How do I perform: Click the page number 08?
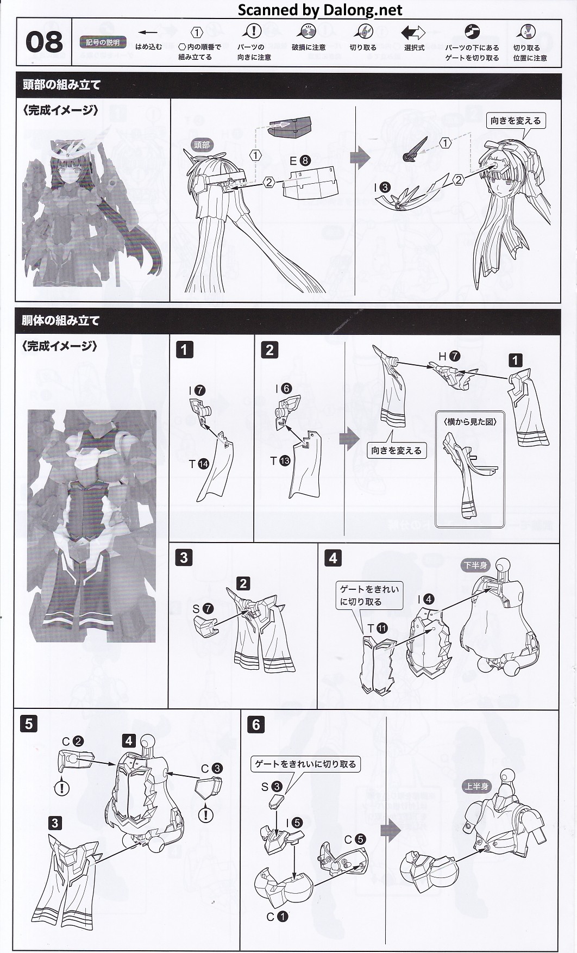(x=44, y=42)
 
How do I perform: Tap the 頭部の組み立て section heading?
(x=61, y=85)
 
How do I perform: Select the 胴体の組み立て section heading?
(x=61, y=320)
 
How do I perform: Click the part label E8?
(x=299, y=160)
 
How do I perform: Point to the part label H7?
(x=449, y=357)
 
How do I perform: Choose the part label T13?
(x=280, y=461)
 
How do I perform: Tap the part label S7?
(x=203, y=609)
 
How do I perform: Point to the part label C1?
(x=277, y=917)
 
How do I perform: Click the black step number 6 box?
(x=256, y=724)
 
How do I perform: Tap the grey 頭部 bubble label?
(x=202, y=145)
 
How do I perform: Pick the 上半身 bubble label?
(x=476, y=786)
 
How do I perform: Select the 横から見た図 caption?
(x=471, y=421)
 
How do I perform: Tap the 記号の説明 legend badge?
(x=103, y=42)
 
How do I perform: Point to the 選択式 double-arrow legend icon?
(x=413, y=33)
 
